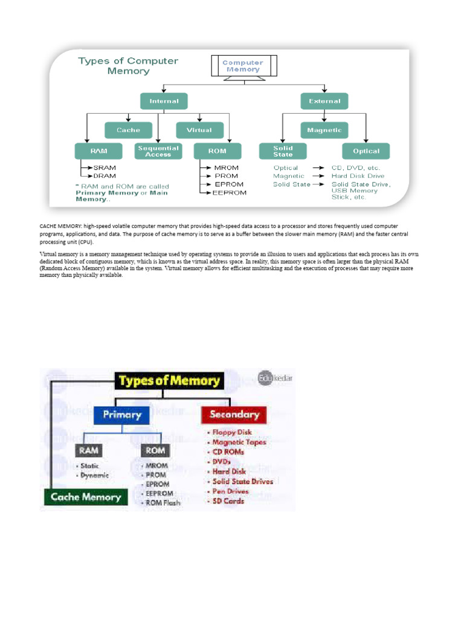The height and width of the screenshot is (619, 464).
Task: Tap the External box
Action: [324, 102]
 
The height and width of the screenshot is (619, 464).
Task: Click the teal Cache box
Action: [128, 130]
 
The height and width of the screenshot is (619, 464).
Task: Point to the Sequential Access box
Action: [158, 151]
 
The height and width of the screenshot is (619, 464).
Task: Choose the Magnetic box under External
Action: [324, 130]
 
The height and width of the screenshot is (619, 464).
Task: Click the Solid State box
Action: [283, 151]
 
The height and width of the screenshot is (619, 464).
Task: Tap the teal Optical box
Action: [366, 151]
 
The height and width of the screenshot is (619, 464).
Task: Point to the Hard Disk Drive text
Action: [358, 176]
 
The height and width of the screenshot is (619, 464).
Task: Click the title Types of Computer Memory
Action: [128, 65]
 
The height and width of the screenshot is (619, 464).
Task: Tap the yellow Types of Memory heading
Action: [169, 381]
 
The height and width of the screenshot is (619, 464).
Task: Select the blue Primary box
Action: [122, 415]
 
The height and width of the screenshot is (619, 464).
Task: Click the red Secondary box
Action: [234, 415]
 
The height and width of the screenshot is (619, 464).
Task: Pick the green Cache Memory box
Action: [85, 497]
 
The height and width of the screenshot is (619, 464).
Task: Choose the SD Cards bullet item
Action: [228, 501]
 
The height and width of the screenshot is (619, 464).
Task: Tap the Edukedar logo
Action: [275, 378]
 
